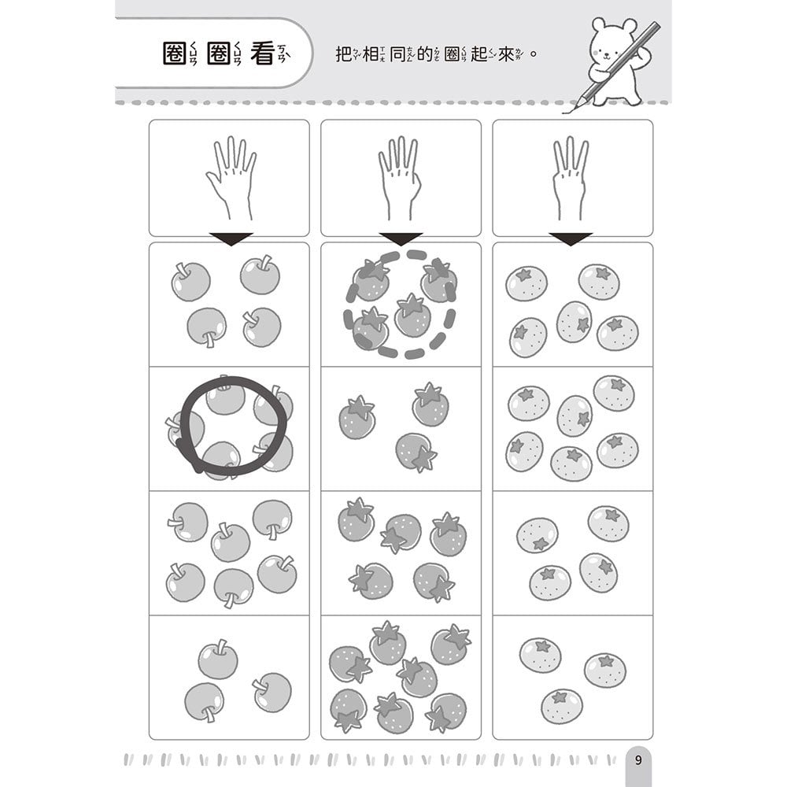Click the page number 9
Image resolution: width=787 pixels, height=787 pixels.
(x=638, y=760)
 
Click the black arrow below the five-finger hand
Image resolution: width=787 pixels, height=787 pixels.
(x=231, y=239)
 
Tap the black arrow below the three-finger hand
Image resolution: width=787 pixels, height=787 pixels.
(x=571, y=239)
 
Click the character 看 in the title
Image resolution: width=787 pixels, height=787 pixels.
(x=263, y=54)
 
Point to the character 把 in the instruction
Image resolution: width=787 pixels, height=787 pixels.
(x=343, y=54)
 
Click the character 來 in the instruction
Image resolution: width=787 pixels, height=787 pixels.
(x=506, y=54)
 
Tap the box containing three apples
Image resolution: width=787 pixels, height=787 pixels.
(x=229, y=678)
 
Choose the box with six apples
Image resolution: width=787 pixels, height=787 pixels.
(x=229, y=553)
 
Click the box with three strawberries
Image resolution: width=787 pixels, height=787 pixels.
(x=401, y=429)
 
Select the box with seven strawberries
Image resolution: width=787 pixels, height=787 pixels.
(x=401, y=678)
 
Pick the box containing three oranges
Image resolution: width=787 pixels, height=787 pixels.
(x=573, y=678)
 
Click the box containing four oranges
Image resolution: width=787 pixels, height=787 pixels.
(x=573, y=553)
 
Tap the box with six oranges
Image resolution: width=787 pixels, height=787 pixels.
(x=573, y=429)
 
